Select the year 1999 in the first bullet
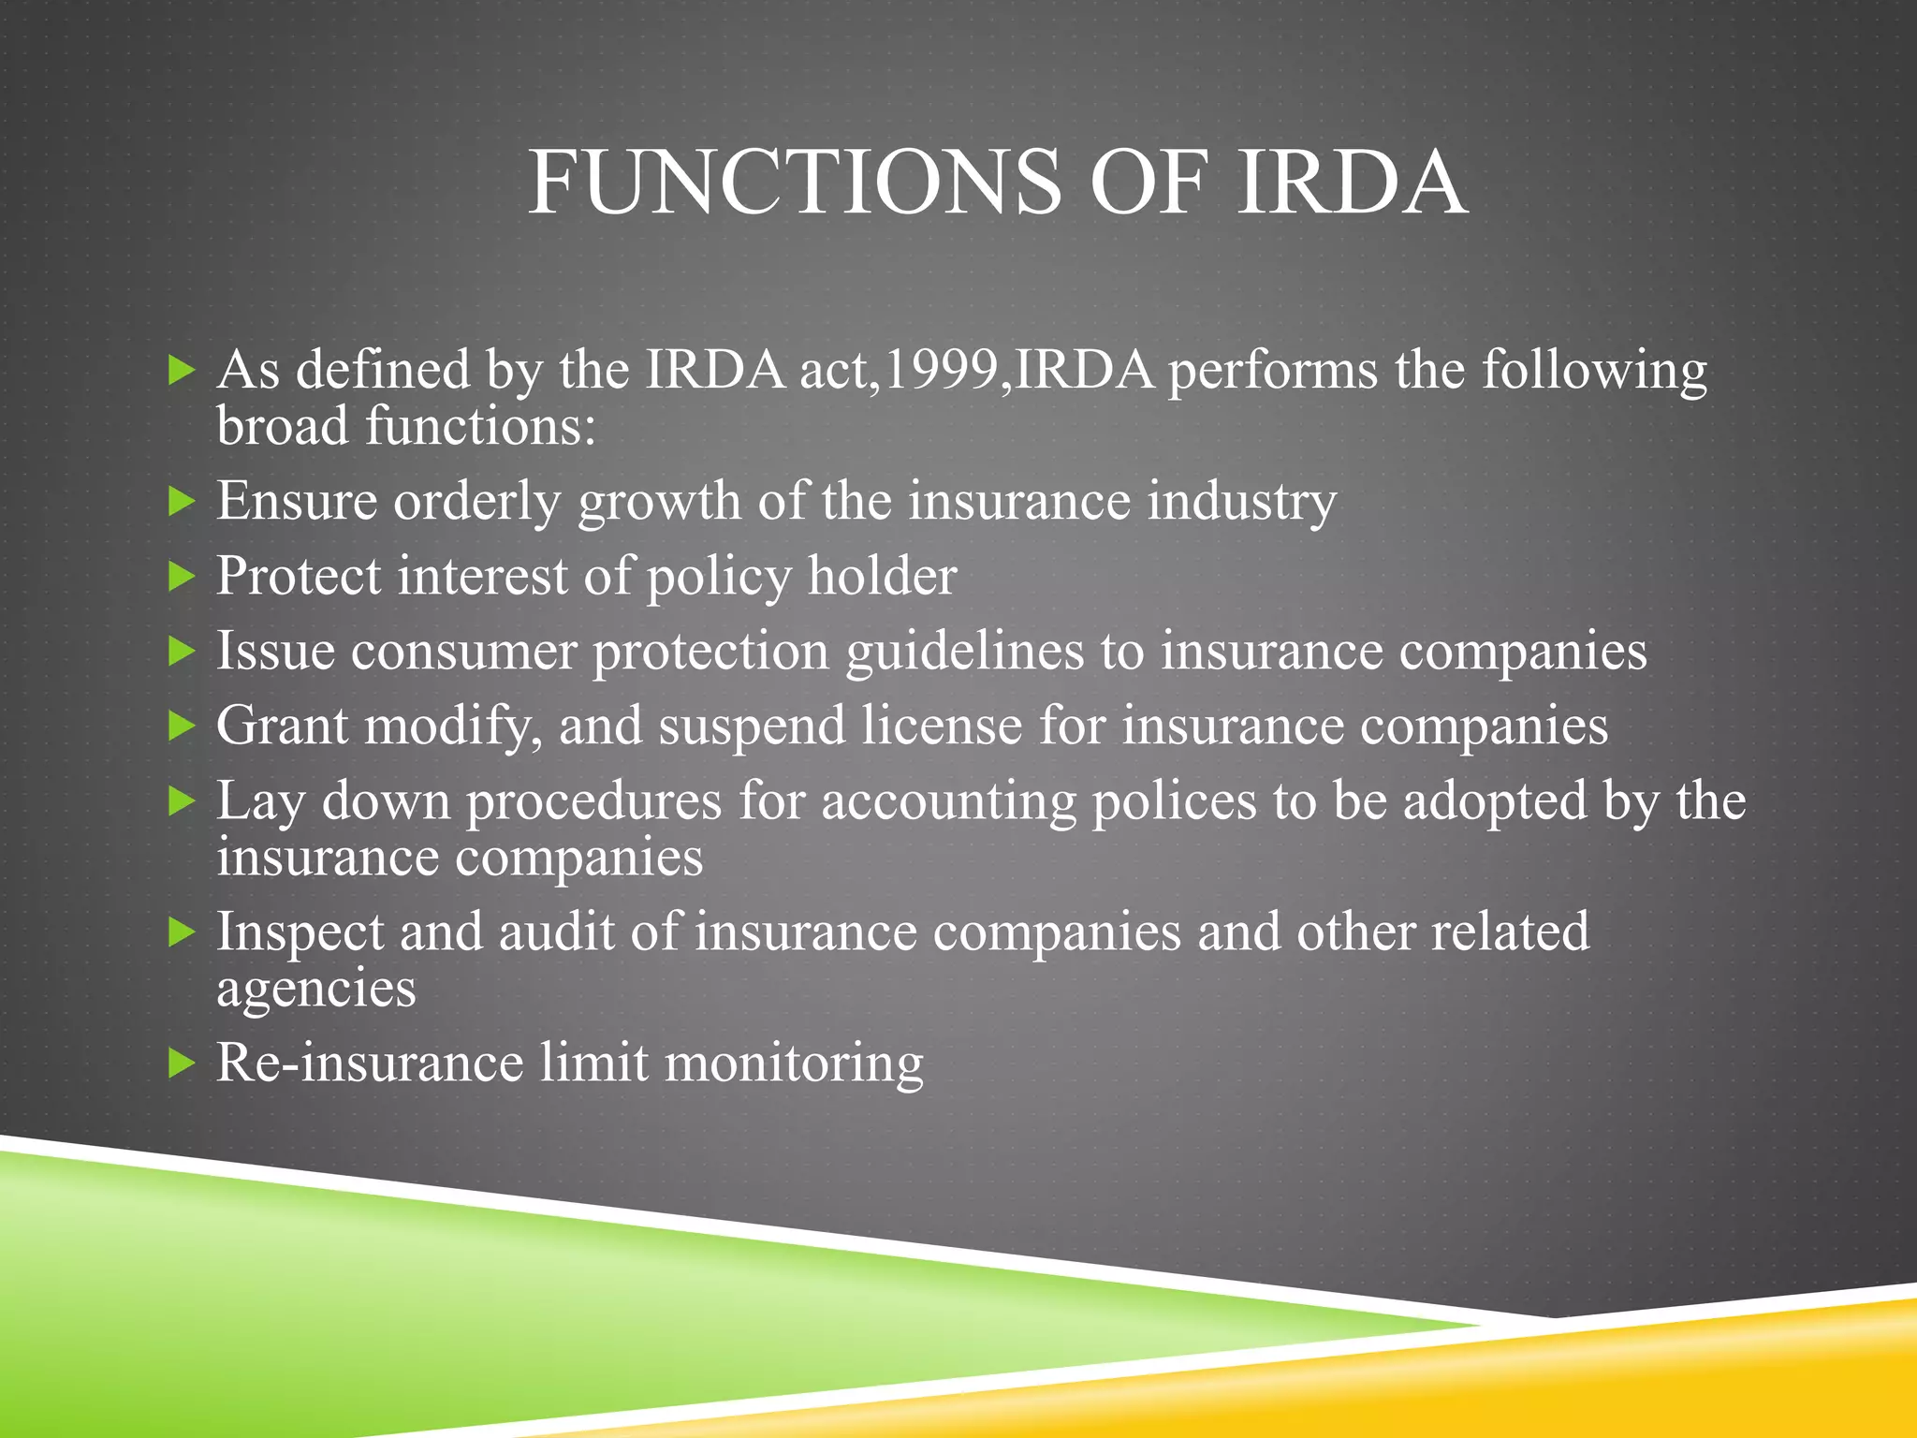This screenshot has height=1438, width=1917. (941, 370)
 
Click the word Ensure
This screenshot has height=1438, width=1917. (297, 501)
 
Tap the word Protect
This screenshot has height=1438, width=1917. (299, 576)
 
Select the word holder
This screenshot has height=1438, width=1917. (882, 576)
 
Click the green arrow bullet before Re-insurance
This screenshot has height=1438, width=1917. (181, 1064)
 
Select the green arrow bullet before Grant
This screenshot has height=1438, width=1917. (181, 726)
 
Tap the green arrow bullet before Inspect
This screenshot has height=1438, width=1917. (181, 932)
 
